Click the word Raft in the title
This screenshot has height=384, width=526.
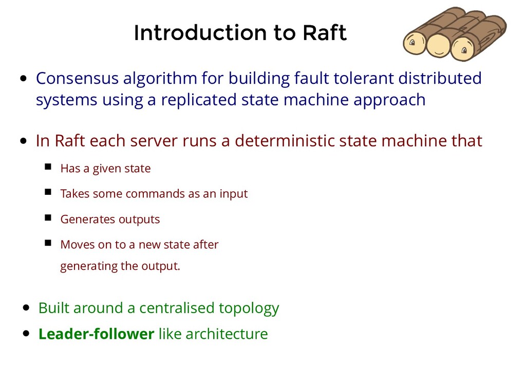coord(325,33)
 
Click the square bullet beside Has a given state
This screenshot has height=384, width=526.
coord(48,167)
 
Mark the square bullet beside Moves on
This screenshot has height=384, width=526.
coord(48,243)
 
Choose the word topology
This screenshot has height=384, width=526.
coord(249,308)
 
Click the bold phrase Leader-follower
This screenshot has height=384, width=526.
coord(96,334)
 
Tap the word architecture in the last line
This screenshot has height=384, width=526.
coord(227,334)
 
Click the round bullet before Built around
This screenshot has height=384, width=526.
coord(27,308)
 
